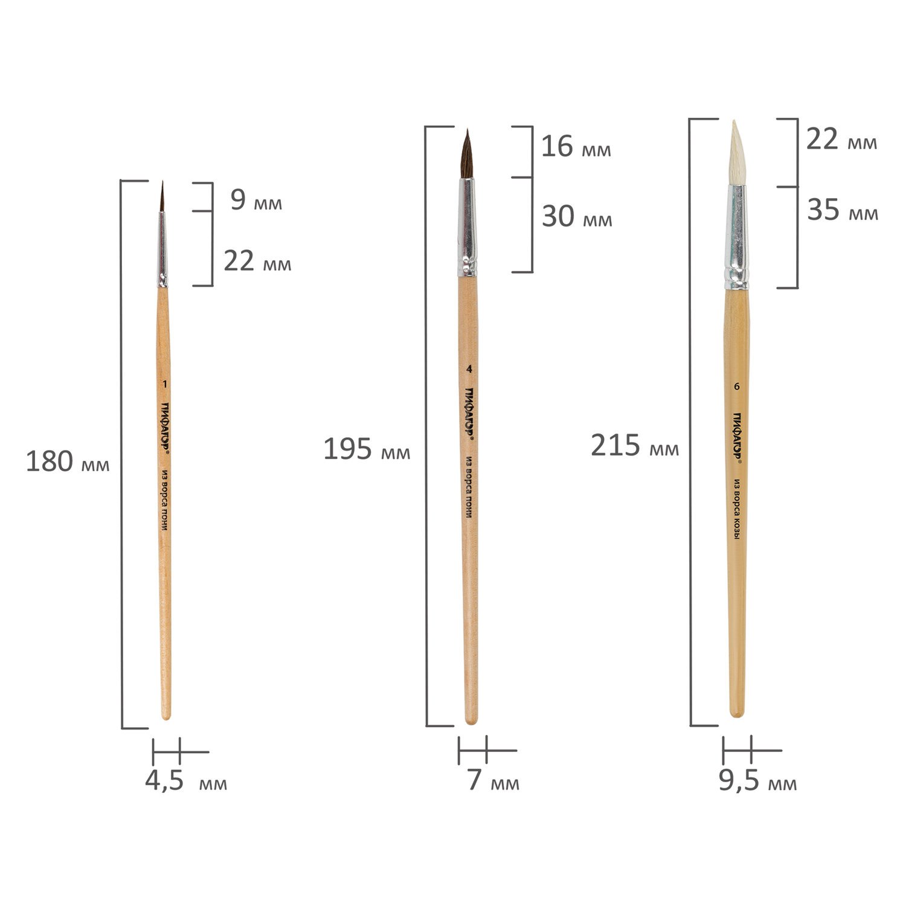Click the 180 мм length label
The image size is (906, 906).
[x=68, y=462]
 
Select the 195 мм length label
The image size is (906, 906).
[x=367, y=449]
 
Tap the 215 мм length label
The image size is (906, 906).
[x=635, y=446]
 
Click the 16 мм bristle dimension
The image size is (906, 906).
[x=576, y=147]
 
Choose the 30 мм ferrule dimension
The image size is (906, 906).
[x=577, y=216]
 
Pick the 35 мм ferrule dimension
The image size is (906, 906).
[x=843, y=210]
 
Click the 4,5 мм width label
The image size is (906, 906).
[x=186, y=781]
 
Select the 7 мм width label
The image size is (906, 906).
[x=493, y=780]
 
